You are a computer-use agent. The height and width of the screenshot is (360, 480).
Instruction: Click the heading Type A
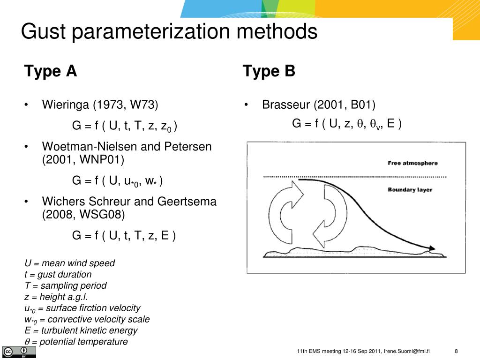click(51, 71)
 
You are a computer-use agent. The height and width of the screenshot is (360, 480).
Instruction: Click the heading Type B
click(269, 71)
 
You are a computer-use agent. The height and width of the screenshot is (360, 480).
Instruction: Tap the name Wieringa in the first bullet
click(65, 104)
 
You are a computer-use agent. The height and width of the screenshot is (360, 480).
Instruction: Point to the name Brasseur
click(285, 104)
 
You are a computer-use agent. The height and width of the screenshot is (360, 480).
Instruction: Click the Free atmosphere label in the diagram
click(412, 163)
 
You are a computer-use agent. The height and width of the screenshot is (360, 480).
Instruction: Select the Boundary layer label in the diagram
click(410, 190)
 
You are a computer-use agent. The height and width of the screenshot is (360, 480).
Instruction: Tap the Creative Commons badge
click(19, 352)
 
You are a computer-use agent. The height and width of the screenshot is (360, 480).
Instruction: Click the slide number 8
click(456, 352)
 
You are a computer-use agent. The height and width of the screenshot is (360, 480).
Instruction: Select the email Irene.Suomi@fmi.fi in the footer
click(407, 352)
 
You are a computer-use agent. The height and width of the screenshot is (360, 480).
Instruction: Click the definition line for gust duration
click(58, 274)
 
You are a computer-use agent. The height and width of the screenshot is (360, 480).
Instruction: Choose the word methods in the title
click(277, 32)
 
